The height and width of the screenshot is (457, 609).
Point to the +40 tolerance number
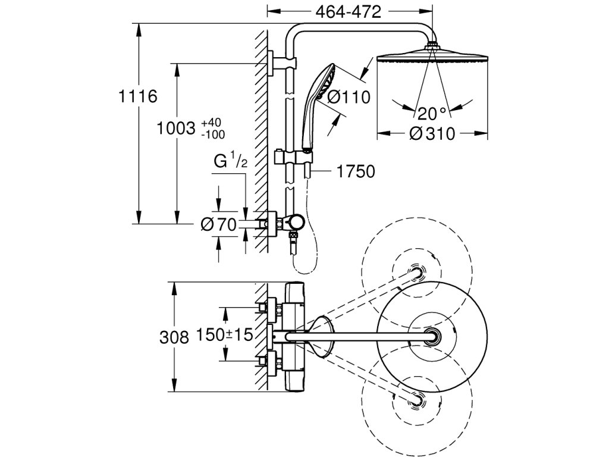pyautogui.click(x=210, y=123)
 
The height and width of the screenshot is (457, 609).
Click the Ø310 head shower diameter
pyautogui.click(x=432, y=134)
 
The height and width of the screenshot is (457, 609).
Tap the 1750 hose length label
pyautogui.click(x=355, y=173)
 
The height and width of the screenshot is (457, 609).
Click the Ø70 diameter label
pyautogui.click(x=219, y=224)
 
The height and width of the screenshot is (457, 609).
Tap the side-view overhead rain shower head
pyautogui.click(x=432, y=57)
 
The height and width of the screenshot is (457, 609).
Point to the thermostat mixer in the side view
pyautogui.click(x=291, y=224)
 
